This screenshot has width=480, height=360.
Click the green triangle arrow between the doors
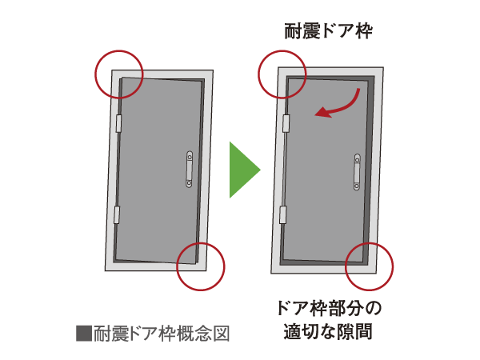242,170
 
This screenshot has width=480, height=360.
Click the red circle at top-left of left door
119,74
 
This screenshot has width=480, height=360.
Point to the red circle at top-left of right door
282,73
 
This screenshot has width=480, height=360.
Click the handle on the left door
190,169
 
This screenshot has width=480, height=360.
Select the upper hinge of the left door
118,123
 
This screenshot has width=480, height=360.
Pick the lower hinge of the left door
117,214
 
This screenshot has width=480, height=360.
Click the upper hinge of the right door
284,122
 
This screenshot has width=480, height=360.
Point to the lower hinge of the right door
282,214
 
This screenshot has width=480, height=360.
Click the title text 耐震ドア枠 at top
329,31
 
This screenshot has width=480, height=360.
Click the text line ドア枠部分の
330,308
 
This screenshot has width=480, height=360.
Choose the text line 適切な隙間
329,332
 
